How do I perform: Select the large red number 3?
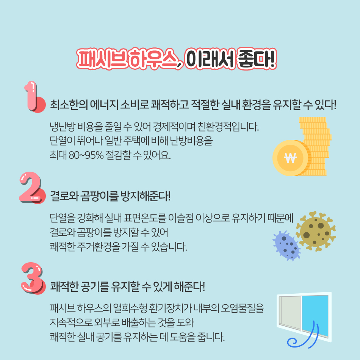32,277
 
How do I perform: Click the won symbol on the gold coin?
290,158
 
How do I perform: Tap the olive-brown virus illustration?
316,231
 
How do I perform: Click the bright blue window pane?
315,315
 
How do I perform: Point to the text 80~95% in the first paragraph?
86,155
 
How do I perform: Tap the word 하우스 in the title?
155,59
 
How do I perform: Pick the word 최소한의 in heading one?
69,105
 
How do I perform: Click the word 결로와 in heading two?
64,196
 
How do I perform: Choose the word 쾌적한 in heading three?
64,286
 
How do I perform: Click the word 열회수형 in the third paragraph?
130,308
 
